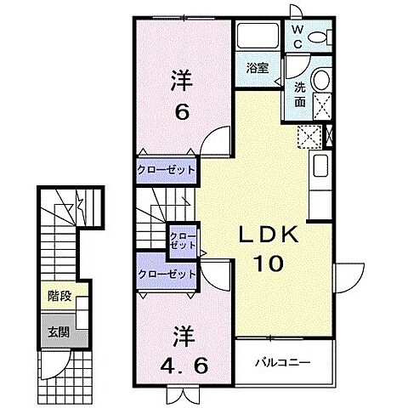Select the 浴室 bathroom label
tap(257, 68)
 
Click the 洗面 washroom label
tap(300, 93)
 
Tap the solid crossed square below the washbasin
tap(322, 106)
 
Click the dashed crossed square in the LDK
tap(309, 135)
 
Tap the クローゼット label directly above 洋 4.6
tap(167, 274)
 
